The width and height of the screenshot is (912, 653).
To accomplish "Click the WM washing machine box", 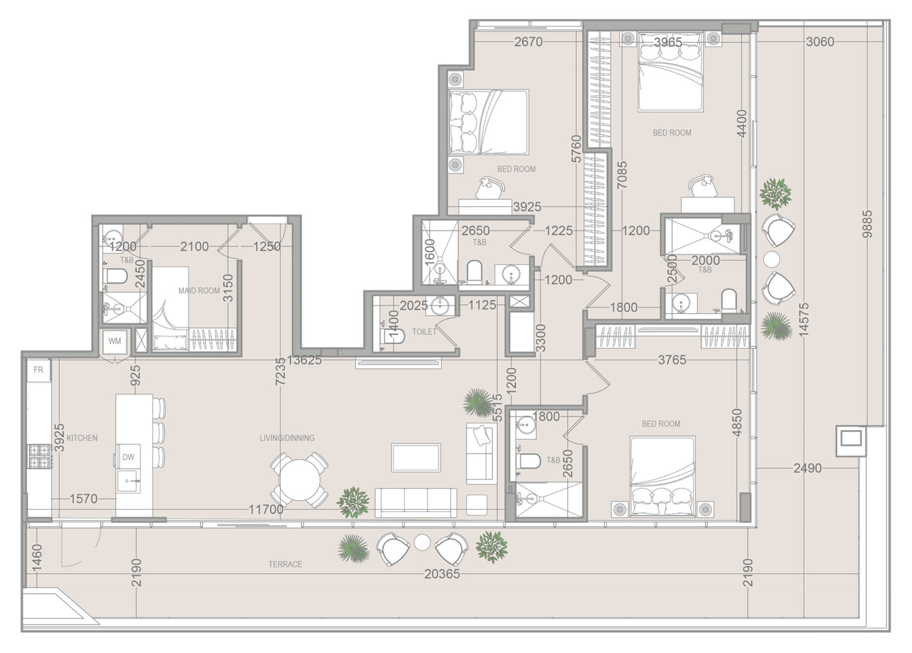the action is tap(114, 340).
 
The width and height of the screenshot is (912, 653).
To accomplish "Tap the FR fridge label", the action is tap(38, 370).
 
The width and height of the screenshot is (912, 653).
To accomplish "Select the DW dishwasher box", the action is tap(129, 457).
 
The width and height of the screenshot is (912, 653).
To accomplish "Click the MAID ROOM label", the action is tap(199, 291).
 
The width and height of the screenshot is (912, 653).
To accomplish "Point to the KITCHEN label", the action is tap(82, 438).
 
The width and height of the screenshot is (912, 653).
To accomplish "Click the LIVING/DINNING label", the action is tap(287, 438).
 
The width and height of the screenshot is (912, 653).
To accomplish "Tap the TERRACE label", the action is tap(285, 564).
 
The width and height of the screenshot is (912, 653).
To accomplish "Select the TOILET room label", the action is tap(424, 332).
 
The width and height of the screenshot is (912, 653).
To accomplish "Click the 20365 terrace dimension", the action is tap(442, 574).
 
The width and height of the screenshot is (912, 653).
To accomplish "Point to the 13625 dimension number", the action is tap(304, 360).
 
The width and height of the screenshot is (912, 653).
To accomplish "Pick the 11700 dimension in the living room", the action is tap(266, 509).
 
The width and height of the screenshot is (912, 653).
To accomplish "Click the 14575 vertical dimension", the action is tap(804, 319).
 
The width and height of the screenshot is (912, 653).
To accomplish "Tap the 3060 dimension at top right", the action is tap(820, 42).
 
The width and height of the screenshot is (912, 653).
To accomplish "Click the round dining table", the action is tap(300, 479).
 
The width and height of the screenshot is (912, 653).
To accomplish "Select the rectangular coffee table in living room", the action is tap(416, 458).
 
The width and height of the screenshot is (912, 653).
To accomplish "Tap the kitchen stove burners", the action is tap(39, 456).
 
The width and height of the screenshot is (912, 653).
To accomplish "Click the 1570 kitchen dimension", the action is tap(84, 498).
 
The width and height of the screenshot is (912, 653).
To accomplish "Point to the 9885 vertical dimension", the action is tap(867, 224).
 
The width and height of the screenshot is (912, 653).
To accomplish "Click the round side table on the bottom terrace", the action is tap(422, 542).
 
